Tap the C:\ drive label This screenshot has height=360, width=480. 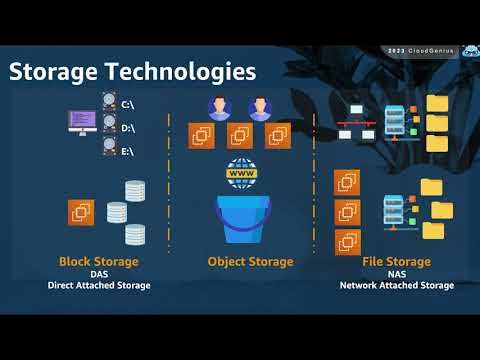pos(128,105)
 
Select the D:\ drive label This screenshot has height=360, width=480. pos(128,127)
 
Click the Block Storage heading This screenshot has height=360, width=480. pos(98,262)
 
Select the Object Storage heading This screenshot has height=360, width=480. pos(250,262)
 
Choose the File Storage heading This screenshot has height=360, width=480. pos(396,262)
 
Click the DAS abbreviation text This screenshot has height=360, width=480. pos(98,274)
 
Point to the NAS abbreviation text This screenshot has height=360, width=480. pos(396,274)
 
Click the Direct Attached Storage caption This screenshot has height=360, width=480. pos(98,286)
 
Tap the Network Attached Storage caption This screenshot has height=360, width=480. pos(396,286)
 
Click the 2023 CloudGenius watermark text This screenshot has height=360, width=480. pos(417,50)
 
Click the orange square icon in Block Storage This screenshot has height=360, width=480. pos(81,212)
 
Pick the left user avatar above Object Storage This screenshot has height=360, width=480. pos(219,108)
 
